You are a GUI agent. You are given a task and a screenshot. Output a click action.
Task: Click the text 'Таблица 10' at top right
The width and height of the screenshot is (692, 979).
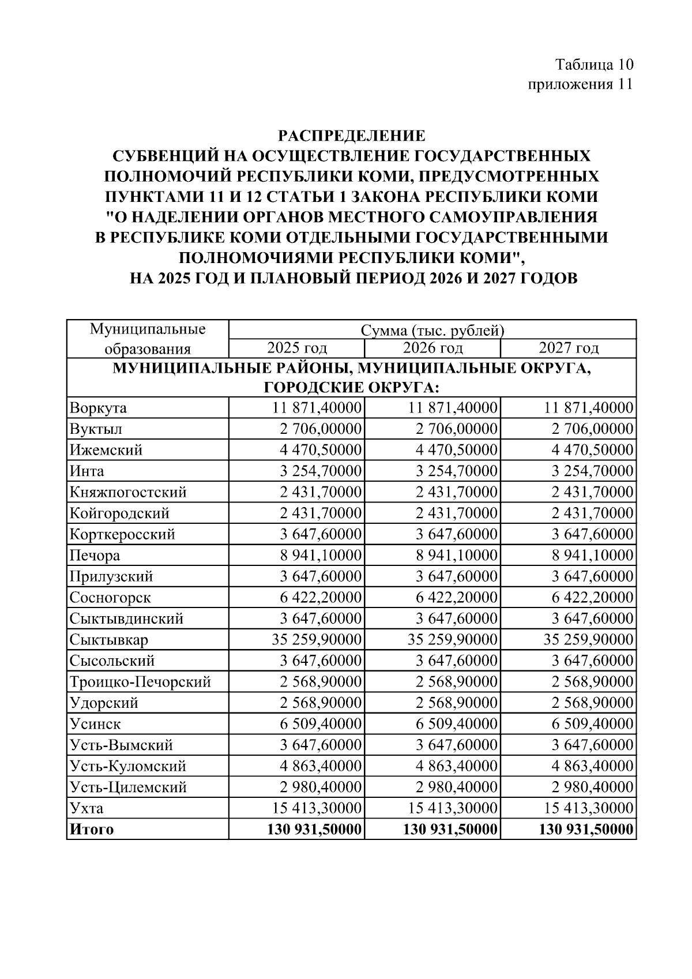pos(594,63)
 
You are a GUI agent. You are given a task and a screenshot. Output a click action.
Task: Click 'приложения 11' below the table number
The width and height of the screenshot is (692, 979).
pos(581,84)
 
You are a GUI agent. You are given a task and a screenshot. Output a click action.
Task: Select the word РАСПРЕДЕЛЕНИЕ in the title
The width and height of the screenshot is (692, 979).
pos(352,136)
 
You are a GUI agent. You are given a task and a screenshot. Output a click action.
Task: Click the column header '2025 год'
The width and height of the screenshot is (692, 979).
pos(297,348)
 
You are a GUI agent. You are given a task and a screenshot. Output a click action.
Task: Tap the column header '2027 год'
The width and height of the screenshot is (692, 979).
pos(569,348)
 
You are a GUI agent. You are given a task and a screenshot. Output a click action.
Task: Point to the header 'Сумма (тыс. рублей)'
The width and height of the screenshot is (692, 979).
pos(432,330)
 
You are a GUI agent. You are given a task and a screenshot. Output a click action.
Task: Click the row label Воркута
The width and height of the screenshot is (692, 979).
pos(98,408)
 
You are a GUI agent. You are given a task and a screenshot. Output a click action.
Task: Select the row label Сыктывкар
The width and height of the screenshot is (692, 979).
pos(109,640)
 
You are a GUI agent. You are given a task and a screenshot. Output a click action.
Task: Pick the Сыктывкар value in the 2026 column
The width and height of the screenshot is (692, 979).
pos(453,640)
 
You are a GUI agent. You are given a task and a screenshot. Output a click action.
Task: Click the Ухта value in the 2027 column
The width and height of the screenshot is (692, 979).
pos(589,808)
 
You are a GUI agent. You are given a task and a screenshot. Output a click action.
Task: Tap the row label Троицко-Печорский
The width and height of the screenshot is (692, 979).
pos(140,682)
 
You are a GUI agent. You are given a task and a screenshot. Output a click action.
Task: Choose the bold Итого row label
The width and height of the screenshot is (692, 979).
pos(92,830)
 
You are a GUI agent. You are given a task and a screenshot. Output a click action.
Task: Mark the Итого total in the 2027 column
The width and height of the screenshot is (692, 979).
pos(586,830)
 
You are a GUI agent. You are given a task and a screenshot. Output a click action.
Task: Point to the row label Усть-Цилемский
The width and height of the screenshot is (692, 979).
pos(128,787)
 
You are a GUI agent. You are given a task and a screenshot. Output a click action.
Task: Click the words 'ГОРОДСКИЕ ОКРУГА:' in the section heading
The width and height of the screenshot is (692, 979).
pos(352,387)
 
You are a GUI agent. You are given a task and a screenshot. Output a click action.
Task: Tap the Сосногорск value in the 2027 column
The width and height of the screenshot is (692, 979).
pos(592,598)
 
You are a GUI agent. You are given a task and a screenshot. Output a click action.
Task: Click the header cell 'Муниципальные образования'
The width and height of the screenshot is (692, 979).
pos(148,339)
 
